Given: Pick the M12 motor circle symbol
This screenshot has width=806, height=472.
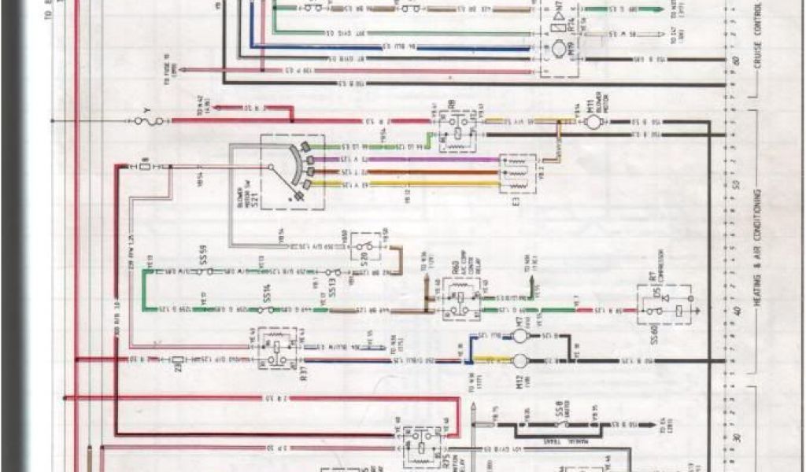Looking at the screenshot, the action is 519,361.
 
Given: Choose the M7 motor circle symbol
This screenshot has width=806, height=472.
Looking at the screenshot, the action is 519,336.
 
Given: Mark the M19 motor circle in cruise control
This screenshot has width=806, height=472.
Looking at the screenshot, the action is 556,50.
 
